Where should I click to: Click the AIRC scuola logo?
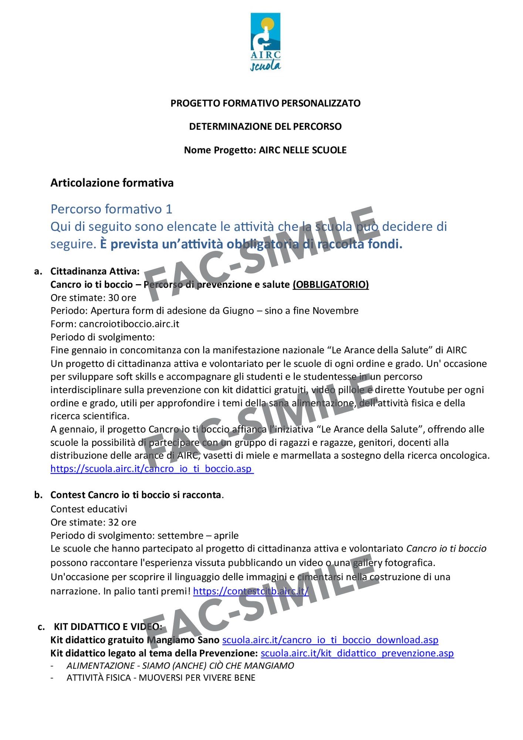(x=266, y=41)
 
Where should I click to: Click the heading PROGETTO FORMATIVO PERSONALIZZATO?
(x=265, y=103)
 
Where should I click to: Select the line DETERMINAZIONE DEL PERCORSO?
(x=265, y=127)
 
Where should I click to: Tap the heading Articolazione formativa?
(x=112, y=183)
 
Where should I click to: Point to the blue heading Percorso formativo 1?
(x=111, y=209)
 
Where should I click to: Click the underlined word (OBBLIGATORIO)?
(x=331, y=285)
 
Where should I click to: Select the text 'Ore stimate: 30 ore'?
(x=93, y=298)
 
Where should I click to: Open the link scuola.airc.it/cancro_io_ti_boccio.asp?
(x=152, y=469)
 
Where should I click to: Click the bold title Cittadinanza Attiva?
(x=95, y=271)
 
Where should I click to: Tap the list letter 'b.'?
(x=38, y=495)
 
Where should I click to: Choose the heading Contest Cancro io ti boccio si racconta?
(x=136, y=495)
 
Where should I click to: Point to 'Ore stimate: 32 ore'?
(x=93, y=522)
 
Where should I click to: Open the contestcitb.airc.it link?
(x=251, y=591)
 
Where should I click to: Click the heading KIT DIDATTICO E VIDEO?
(x=108, y=627)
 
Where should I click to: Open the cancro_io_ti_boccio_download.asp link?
(x=330, y=640)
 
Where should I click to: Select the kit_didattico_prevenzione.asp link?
(x=357, y=653)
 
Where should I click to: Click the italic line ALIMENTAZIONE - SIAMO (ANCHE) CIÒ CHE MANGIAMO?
(x=180, y=666)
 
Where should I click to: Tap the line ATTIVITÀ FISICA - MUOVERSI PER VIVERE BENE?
(x=161, y=678)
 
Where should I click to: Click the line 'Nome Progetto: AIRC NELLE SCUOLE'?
(x=265, y=150)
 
